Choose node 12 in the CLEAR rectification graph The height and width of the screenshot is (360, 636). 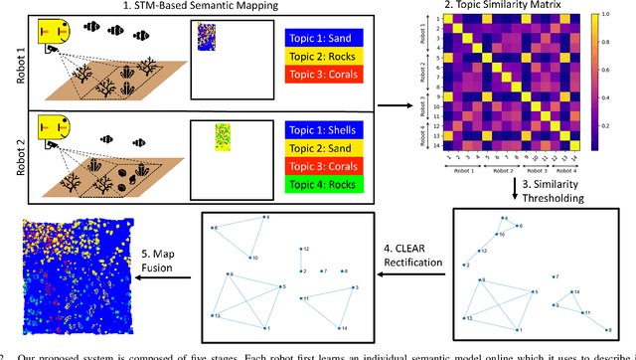pos(302,250)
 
